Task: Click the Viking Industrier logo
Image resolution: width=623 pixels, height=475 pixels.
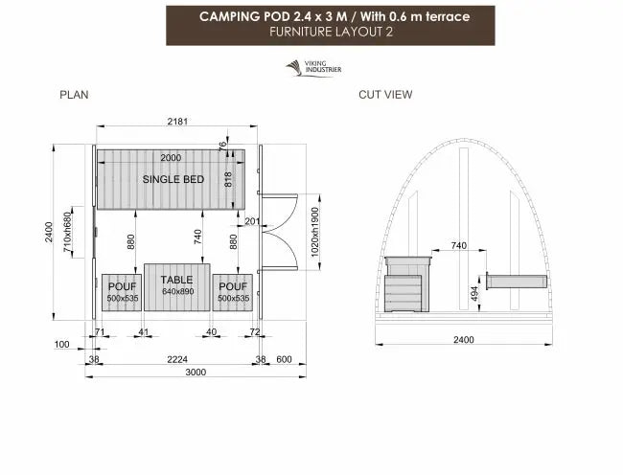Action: [x=313, y=68]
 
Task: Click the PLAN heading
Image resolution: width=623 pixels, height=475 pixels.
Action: [x=74, y=95]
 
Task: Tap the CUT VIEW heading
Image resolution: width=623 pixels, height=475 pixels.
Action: [x=385, y=95]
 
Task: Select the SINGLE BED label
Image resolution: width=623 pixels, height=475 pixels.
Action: [x=173, y=179]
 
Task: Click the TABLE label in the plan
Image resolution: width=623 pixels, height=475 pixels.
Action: [x=176, y=280]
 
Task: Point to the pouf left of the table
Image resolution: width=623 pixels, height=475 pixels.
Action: [x=122, y=292]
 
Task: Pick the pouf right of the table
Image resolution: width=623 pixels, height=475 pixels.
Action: [x=233, y=292]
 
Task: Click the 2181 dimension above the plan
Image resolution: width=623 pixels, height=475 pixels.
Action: [x=177, y=121]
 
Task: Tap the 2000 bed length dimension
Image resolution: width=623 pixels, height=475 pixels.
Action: [x=171, y=158]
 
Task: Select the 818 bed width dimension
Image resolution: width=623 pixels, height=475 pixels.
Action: [x=228, y=179]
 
